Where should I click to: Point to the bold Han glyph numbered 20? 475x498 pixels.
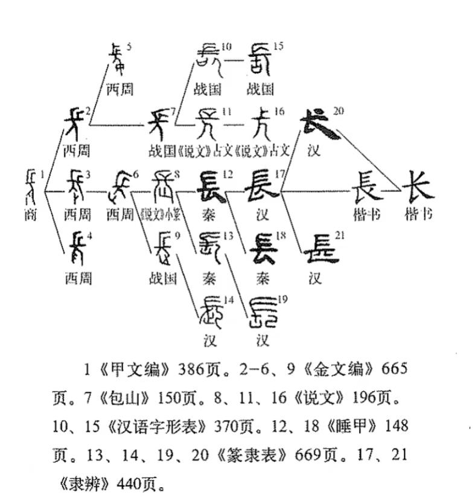tap(318, 124)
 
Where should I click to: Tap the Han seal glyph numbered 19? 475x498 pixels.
tap(263, 311)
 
